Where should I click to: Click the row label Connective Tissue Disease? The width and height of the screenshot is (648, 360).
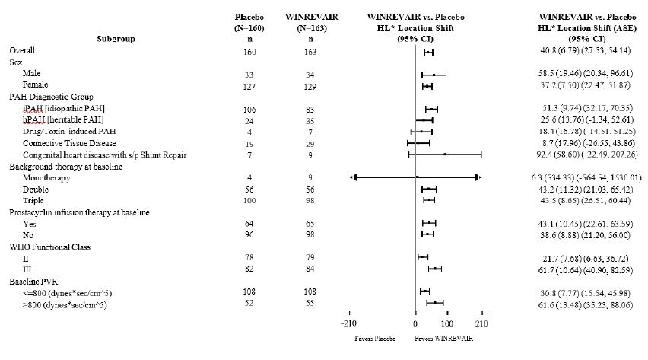point(67,143)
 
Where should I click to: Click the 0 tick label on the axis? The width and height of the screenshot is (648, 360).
point(415,314)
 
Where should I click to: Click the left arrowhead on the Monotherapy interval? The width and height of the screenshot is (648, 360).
point(354,177)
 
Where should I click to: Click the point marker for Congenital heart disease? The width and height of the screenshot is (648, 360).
point(444,155)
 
